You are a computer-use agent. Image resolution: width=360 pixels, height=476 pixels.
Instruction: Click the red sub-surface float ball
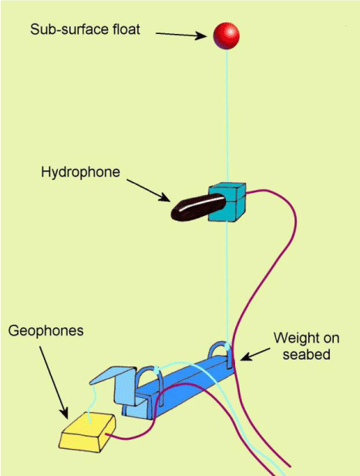(227, 35)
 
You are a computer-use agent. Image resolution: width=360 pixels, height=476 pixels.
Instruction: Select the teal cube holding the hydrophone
(227, 202)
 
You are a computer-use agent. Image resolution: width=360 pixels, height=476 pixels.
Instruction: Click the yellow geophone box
(88, 432)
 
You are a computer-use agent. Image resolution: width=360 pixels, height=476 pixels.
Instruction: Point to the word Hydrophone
(81, 172)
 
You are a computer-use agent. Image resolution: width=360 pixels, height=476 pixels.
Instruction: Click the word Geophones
(46, 331)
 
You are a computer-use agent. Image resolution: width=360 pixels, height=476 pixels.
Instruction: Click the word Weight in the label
(294, 338)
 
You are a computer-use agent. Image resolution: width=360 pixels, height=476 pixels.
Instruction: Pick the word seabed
(306, 354)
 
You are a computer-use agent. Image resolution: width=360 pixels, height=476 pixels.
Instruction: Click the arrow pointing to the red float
(181, 35)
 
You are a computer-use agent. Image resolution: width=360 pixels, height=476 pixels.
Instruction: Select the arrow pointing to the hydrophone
(148, 191)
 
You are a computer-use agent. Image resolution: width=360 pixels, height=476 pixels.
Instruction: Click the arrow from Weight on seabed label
(255, 354)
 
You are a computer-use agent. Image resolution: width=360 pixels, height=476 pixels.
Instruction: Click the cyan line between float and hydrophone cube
(227, 116)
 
